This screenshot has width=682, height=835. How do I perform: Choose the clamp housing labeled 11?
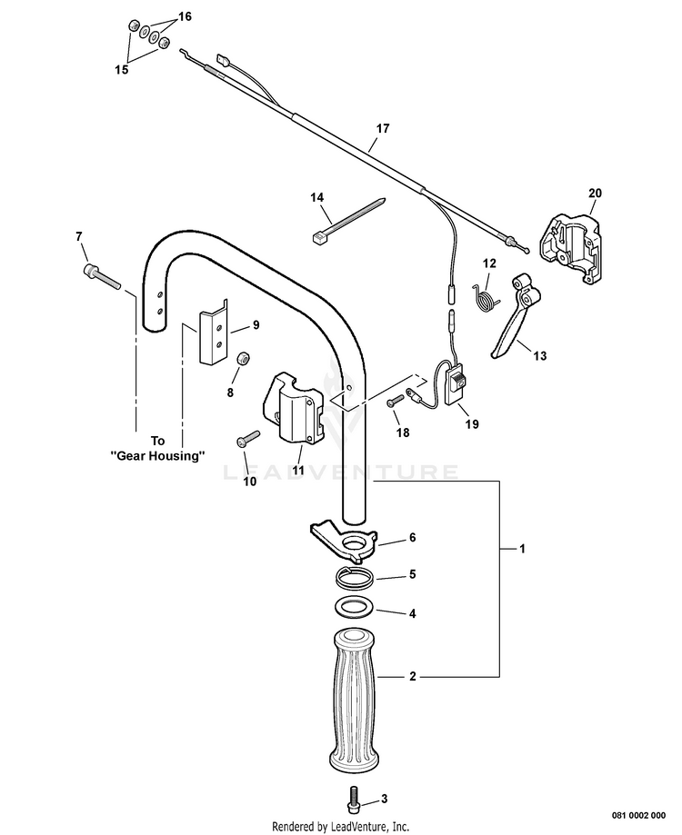pyautogui.click(x=293, y=412)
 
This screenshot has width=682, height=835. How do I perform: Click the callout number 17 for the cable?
pyautogui.click(x=383, y=129)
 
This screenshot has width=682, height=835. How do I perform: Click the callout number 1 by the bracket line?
pyautogui.click(x=522, y=549)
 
